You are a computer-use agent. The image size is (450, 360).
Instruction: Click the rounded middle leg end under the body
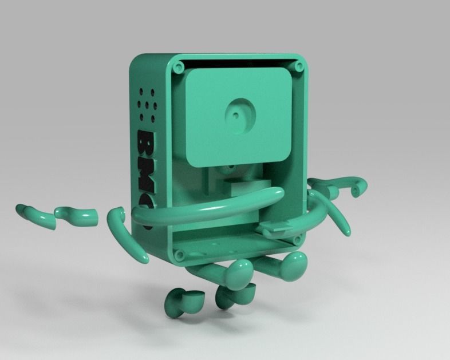238,275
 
